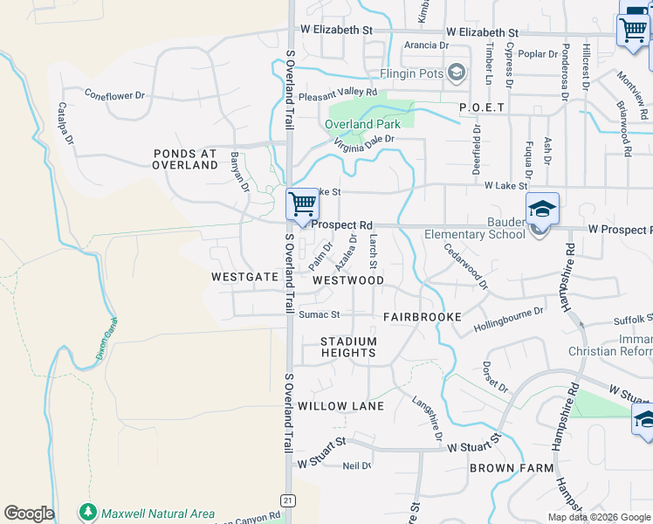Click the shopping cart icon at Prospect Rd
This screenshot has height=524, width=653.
coord(302,204)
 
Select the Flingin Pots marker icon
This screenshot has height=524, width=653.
coord(456,72)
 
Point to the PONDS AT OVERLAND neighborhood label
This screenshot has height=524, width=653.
coord(184,158)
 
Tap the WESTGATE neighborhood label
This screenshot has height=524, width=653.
coord(244,276)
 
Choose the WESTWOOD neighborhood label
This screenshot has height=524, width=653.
coord(347,280)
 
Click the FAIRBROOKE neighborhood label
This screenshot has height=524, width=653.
coord(422,317)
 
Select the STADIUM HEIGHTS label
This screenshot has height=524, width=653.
coord(347,347)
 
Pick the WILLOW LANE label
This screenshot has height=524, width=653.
coord(340,407)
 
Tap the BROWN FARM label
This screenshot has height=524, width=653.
coord(511,468)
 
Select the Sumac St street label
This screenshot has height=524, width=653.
coord(319,314)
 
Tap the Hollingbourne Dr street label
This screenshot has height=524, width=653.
coord(508,321)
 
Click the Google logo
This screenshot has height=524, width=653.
coord(28,514)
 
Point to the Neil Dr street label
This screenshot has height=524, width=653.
coord(357,465)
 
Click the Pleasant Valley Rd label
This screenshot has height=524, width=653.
coord(338,93)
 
